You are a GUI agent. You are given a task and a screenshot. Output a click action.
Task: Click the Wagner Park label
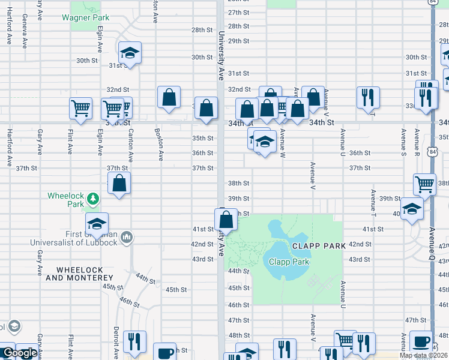coord(86,17)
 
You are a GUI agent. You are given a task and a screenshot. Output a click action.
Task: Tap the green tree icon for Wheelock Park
coord(92,197)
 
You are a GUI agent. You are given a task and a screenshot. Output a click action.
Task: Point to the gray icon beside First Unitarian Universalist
coord(126,238)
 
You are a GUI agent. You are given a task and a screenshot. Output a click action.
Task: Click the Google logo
coord(19,353)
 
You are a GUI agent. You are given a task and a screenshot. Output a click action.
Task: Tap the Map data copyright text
coord(424,356)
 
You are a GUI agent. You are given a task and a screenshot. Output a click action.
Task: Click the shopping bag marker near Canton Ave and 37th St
coord(119,182)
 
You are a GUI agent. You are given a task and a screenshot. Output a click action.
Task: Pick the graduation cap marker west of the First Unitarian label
coord(97,223)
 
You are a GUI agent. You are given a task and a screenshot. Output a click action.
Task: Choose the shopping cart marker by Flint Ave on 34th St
coord(80,108)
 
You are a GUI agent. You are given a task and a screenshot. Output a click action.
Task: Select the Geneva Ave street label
coord(25,36)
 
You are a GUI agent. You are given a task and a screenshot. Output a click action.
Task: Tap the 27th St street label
coord(238,12)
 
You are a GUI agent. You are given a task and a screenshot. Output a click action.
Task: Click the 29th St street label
coord(238,41)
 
